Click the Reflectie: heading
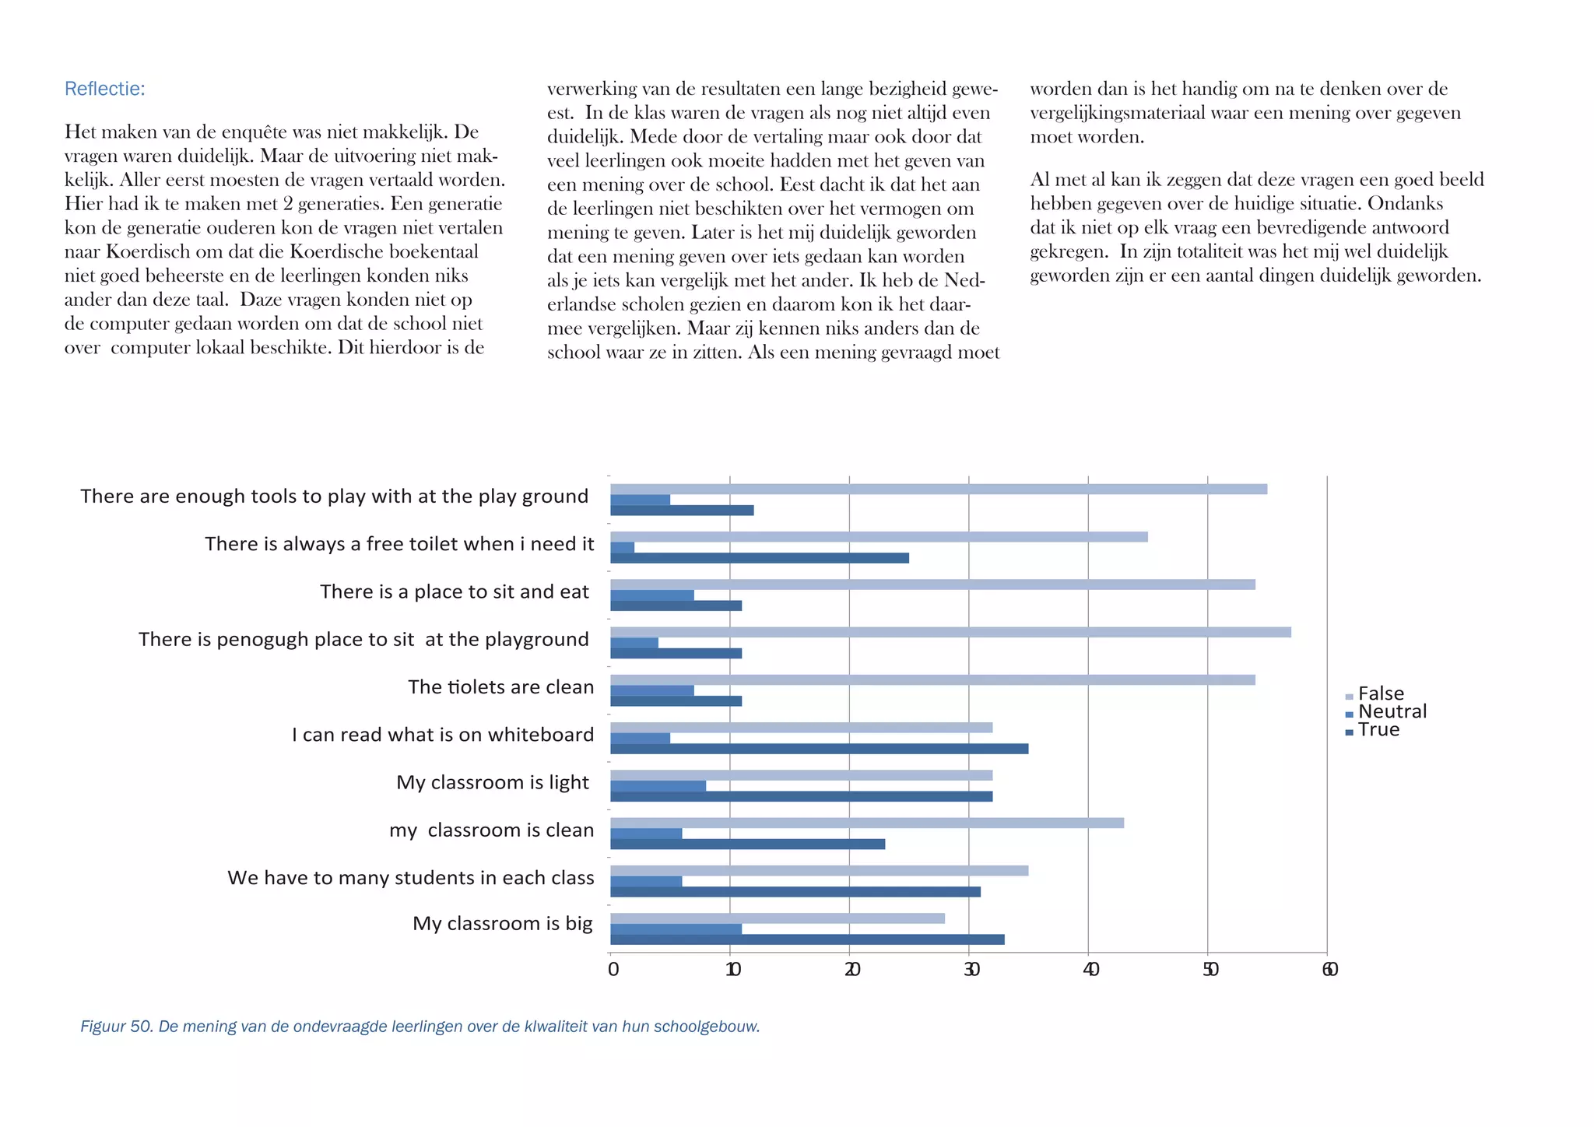(104, 89)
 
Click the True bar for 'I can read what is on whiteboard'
(819, 749)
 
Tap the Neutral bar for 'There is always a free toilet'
(622, 548)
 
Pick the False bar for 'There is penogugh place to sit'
(950, 632)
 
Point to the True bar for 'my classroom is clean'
(747, 844)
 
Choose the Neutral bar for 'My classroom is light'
(658, 786)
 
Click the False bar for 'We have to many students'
(819, 871)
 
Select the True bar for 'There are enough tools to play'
(682, 511)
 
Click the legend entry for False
(1380, 693)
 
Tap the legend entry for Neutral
(1391, 711)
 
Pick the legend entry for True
(1378, 730)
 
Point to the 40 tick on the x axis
(1090, 970)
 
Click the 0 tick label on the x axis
(613, 970)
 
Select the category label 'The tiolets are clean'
(500, 687)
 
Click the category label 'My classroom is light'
(492, 782)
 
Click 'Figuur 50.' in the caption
(117, 1027)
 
